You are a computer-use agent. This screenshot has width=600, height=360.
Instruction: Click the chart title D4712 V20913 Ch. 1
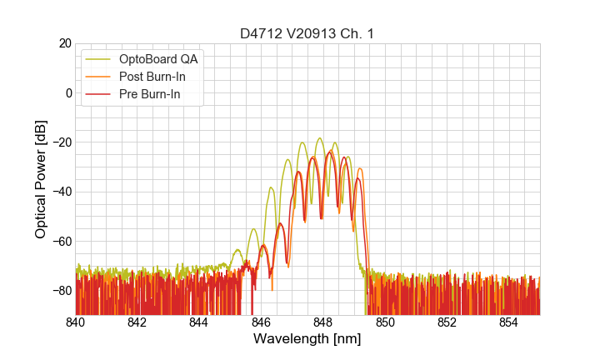click(307, 34)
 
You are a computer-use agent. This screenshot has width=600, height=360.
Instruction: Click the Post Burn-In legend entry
click(152, 77)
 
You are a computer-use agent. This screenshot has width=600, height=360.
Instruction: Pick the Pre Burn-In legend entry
click(150, 94)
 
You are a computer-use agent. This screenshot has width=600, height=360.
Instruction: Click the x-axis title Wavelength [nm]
click(307, 340)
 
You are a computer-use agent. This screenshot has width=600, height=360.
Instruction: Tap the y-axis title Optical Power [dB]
click(41, 179)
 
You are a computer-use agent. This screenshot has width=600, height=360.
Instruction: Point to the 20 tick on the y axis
click(64, 43)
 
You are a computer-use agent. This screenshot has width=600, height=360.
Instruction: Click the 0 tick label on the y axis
click(67, 92)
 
